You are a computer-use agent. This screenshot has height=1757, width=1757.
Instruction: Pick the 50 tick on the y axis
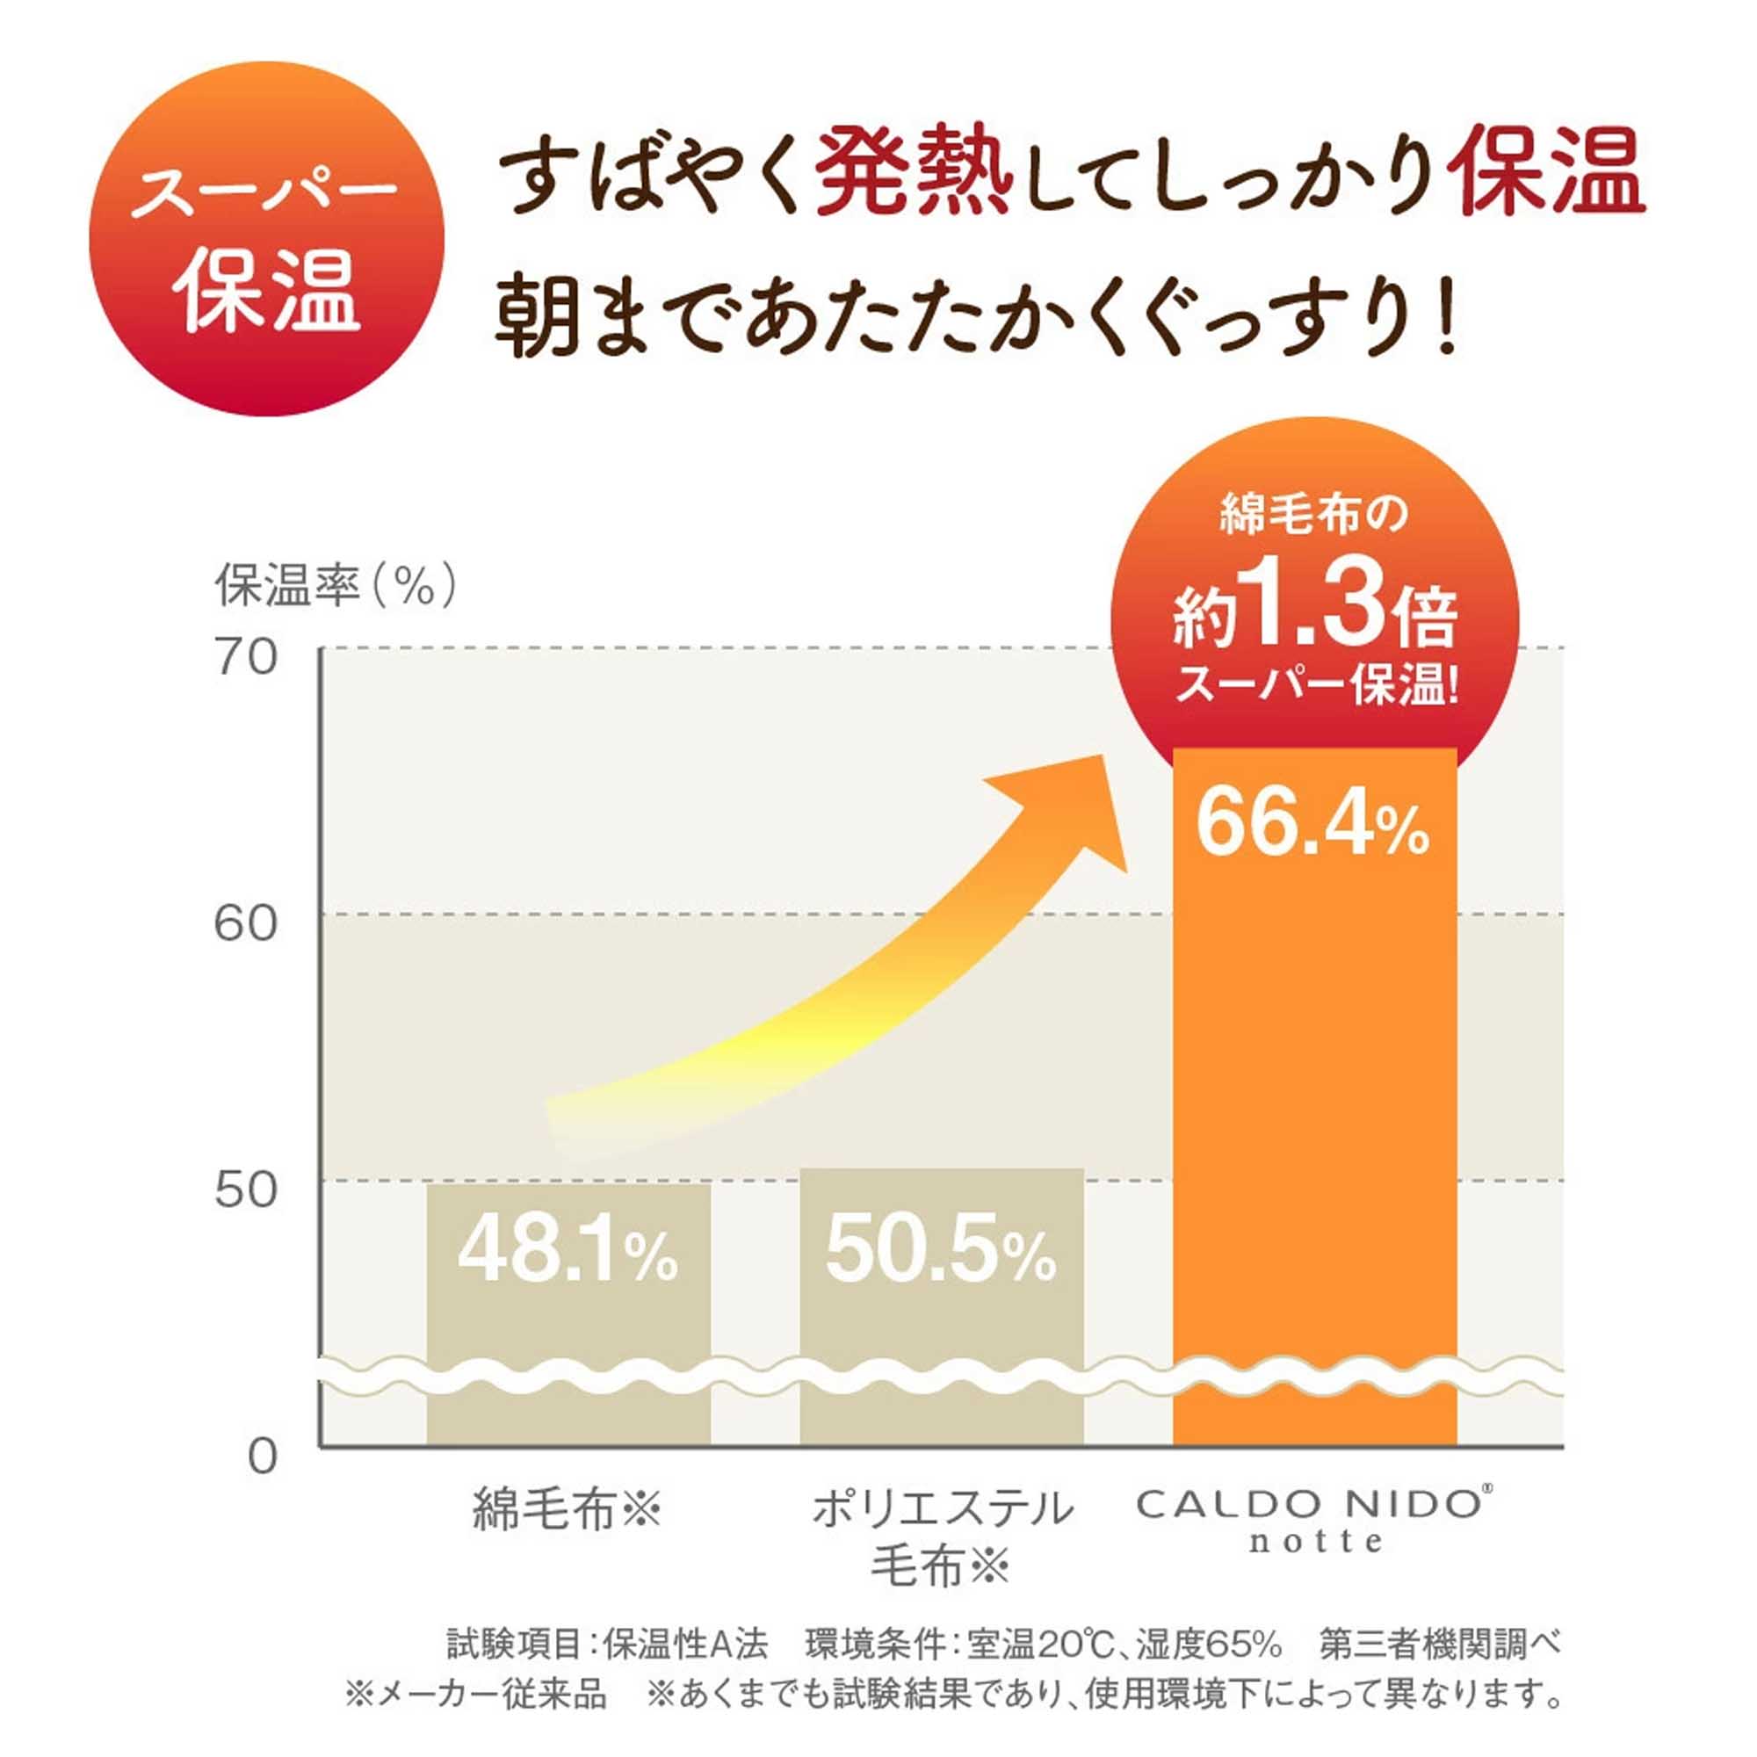[x=246, y=1190]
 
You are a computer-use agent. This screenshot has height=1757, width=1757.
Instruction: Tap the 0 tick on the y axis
[x=262, y=1457]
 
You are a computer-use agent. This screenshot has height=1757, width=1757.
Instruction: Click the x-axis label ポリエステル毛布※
[x=942, y=1536]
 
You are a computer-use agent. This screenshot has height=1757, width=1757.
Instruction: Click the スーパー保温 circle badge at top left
[x=265, y=238]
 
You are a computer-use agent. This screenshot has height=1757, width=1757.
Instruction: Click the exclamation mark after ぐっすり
[x=1446, y=320]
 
